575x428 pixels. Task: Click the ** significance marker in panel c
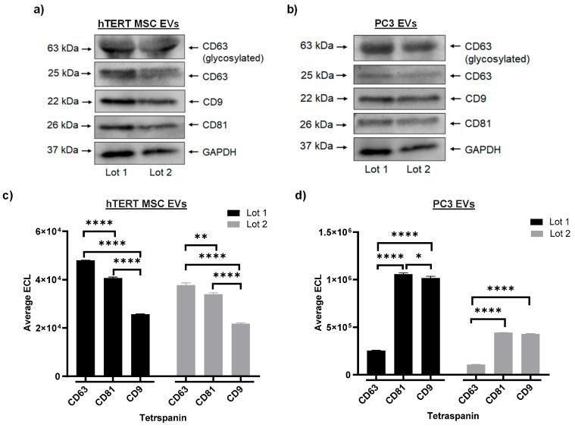pos(201,237)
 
